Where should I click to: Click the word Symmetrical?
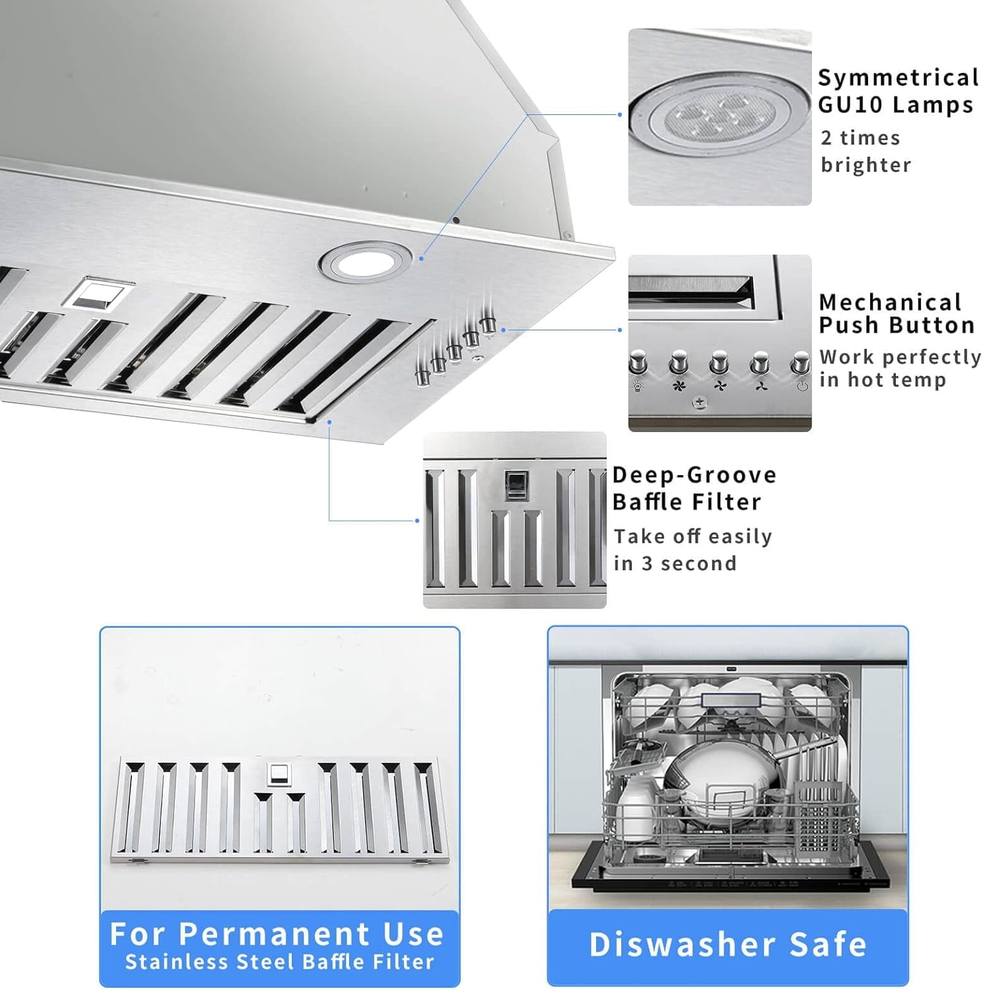point(898,77)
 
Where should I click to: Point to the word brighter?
point(865,165)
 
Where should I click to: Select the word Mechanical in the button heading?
point(890,302)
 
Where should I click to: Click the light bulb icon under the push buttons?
point(638,386)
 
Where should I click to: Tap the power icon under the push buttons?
point(801,386)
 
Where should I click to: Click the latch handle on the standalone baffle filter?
point(279,774)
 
